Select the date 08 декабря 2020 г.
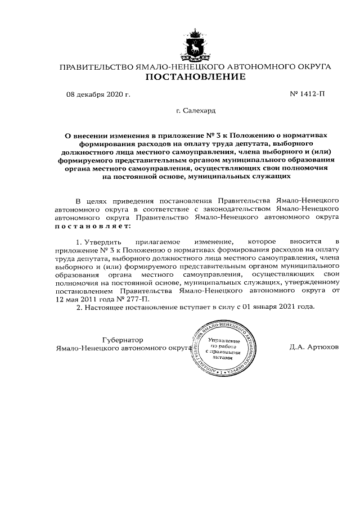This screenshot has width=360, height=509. [98, 94]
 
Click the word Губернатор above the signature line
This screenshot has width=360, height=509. [122, 340]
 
